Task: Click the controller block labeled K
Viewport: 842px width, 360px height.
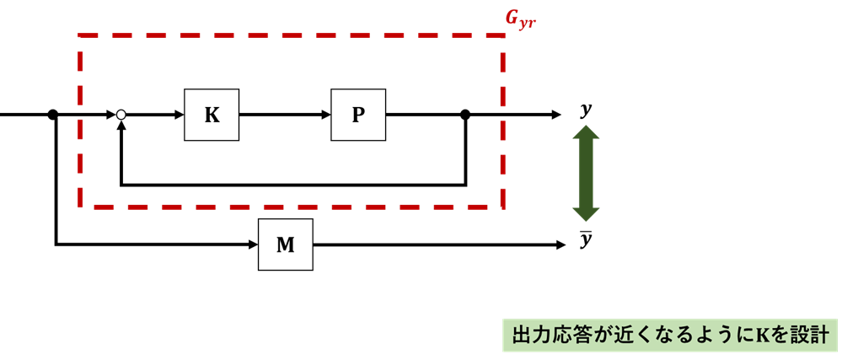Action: [x=212, y=115]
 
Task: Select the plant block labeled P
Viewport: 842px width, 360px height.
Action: [x=358, y=115]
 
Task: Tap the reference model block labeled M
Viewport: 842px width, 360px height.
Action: [x=286, y=244]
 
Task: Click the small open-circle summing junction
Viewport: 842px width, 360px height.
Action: [x=121, y=115]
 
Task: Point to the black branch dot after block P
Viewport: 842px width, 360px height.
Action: [x=465, y=115]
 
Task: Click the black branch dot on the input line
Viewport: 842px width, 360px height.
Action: [x=53, y=115]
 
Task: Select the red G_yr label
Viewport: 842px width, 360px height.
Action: [x=520, y=19]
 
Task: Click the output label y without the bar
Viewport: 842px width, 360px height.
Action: [x=586, y=110]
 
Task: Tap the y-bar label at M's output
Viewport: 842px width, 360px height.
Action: [x=586, y=241]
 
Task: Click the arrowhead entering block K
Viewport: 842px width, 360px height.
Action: [x=179, y=115]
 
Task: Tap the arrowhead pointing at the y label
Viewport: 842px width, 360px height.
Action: [x=555, y=115]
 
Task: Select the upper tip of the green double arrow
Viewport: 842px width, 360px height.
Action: [x=586, y=129]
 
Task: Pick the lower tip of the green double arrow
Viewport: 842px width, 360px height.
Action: [x=586, y=218]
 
